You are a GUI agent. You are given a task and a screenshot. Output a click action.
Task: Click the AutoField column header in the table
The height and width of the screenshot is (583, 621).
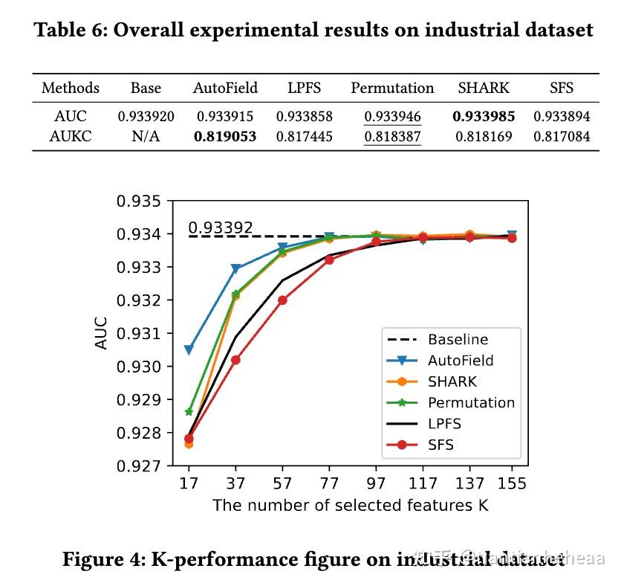click(225, 88)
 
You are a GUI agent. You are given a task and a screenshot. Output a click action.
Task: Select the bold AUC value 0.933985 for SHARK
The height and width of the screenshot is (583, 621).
click(484, 116)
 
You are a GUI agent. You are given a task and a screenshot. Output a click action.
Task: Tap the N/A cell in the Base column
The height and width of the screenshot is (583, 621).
click(146, 137)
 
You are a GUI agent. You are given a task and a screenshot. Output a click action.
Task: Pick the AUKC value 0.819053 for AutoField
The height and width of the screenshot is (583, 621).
click(225, 137)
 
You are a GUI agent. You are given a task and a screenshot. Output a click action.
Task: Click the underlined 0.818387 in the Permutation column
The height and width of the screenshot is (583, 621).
click(392, 137)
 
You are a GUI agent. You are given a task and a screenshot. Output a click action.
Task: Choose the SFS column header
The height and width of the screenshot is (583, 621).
click(562, 88)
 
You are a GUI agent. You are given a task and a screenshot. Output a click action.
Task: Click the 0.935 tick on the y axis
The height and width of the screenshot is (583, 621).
click(140, 202)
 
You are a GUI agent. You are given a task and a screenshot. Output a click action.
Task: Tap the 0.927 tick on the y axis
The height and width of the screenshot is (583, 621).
click(140, 466)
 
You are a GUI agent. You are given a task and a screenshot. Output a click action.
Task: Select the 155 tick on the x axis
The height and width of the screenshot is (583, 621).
click(512, 484)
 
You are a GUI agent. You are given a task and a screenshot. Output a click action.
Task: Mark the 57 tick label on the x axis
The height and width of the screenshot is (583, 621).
click(282, 484)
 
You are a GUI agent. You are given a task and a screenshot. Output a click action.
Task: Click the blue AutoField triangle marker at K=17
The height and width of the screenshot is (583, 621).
click(189, 350)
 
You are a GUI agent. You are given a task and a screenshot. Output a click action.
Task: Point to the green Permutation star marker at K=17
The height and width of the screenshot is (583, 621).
click(189, 411)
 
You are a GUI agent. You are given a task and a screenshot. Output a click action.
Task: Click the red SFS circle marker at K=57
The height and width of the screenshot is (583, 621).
click(282, 300)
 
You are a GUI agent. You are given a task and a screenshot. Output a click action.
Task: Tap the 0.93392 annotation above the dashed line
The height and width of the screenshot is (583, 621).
click(220, 228)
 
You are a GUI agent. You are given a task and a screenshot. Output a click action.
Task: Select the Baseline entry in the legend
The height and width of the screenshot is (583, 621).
click(458, 340)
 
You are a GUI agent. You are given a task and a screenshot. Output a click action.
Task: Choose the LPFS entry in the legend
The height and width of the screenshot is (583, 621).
click(444, 424)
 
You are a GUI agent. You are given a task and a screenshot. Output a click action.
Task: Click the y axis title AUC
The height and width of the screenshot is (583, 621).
click(102, 333)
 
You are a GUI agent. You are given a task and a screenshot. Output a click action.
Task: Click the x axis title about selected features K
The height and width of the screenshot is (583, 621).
click(351, 506)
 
